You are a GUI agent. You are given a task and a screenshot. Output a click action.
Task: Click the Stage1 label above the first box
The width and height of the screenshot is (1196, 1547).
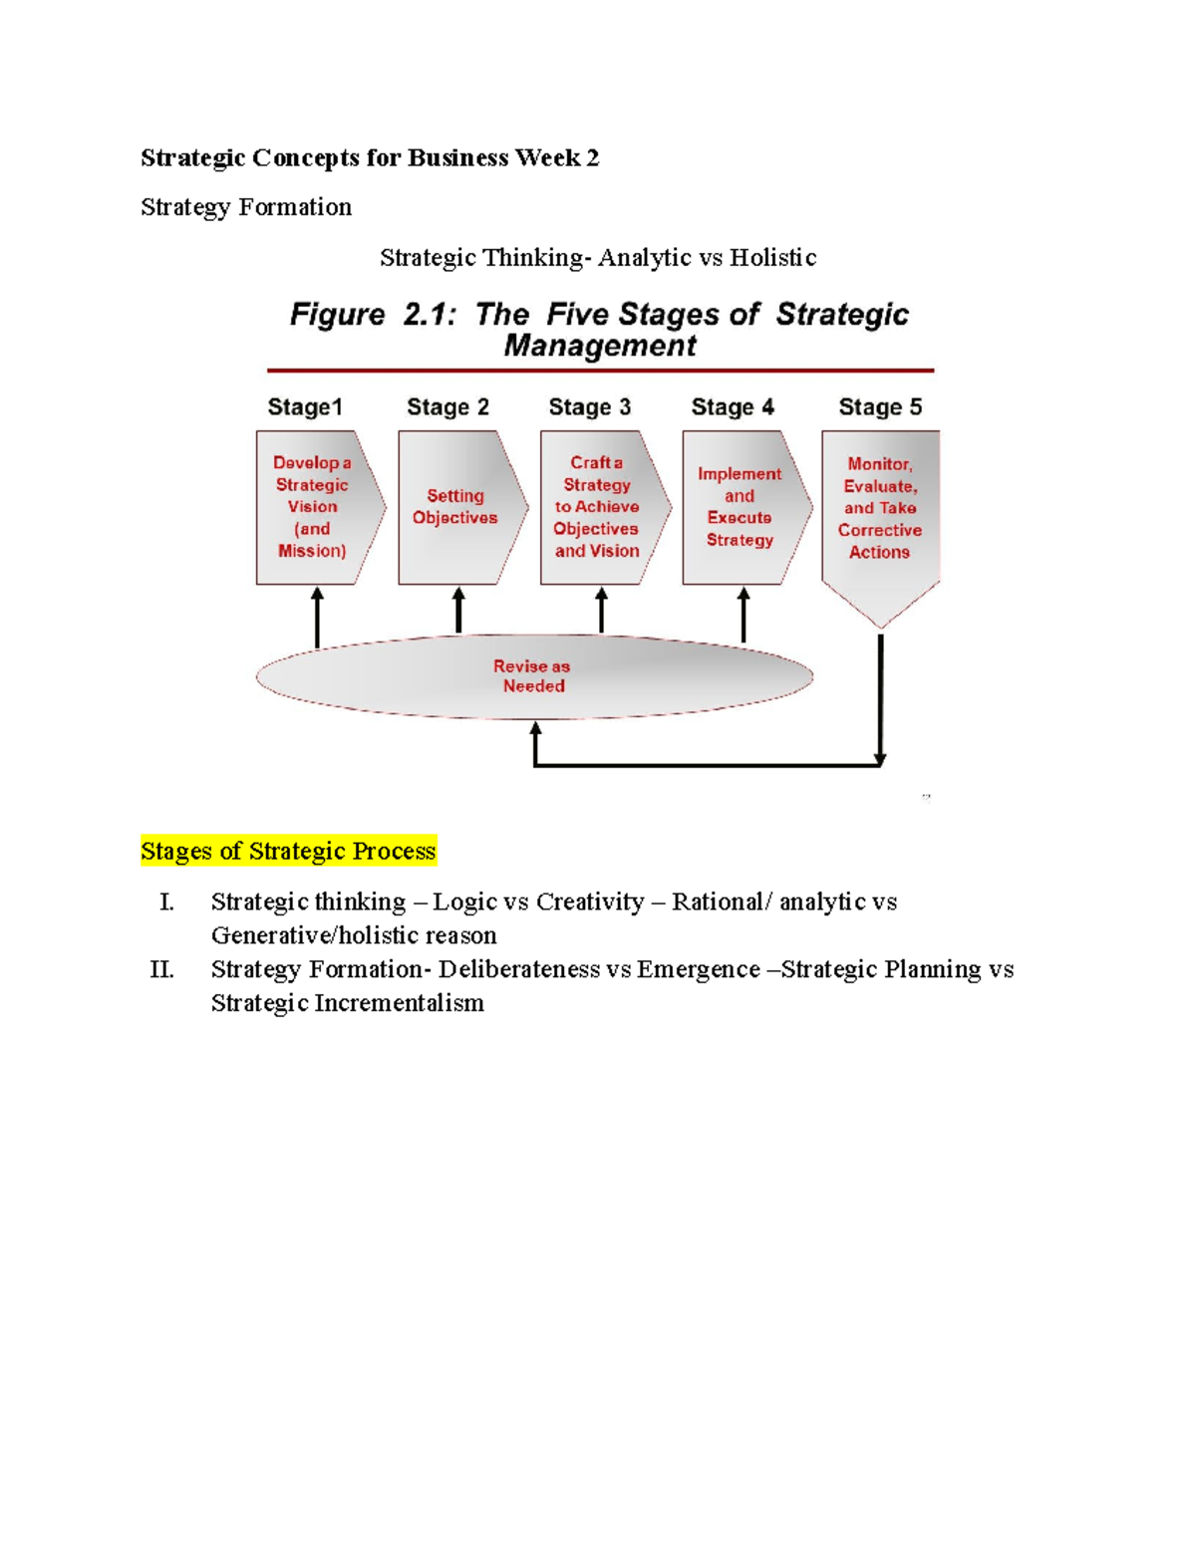(305, 407)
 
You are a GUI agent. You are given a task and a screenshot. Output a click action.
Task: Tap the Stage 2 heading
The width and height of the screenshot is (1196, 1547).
(448, 407)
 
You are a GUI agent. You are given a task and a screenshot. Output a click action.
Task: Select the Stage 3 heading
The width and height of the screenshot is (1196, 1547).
(589, 407)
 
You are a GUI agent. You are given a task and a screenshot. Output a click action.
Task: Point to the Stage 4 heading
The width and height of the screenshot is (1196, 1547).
(733, 407)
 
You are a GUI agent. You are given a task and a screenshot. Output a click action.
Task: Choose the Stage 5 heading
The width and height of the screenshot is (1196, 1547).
(880, 407)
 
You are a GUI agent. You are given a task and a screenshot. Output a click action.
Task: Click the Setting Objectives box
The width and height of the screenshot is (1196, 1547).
(455, 507)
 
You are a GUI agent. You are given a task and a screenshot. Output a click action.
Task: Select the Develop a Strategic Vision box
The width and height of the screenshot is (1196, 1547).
(312, 507)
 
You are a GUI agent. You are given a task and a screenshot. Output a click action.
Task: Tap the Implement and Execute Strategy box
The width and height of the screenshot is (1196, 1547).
(740, 507)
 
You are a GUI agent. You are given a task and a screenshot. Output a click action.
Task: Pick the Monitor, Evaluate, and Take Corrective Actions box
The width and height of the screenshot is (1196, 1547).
(880, 508)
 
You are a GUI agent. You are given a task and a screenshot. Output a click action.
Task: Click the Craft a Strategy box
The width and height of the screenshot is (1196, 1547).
(597, 507)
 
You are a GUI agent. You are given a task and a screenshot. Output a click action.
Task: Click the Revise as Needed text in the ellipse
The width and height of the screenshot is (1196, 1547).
(533, 676)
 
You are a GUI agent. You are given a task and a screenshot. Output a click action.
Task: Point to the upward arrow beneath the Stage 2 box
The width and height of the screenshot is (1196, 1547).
(458, 610)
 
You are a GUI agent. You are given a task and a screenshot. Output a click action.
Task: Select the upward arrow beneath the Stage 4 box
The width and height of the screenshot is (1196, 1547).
(744, 614)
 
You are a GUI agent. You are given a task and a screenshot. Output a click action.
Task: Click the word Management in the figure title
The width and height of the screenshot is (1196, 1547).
(600, 346)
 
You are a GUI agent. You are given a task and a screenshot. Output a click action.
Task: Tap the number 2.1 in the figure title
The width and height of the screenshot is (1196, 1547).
(430, 315)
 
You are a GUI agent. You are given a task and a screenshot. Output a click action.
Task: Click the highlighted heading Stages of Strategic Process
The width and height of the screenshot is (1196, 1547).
(288, 851)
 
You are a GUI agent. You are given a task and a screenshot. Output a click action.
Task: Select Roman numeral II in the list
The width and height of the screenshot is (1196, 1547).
(161, 969)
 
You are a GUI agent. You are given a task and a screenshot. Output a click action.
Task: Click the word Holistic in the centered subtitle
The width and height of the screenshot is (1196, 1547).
(772, 258)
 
